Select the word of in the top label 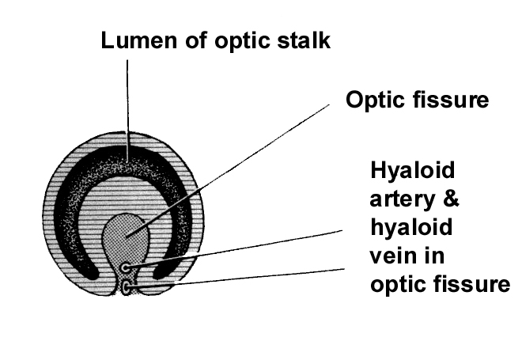pyautogui.click(x=190, y=40)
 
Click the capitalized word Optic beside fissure pyautogui.click(x=374, y=101)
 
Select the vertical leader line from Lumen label pyautogui.click(x=127, y=103)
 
